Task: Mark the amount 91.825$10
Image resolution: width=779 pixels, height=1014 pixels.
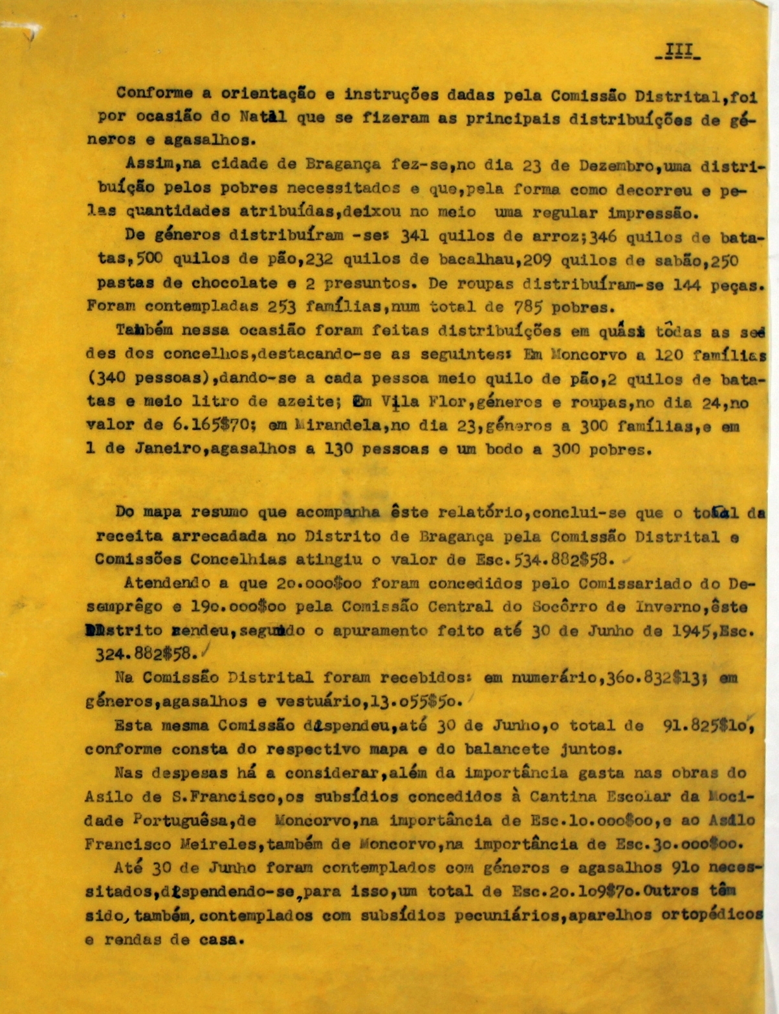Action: click(x=707, y=726)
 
